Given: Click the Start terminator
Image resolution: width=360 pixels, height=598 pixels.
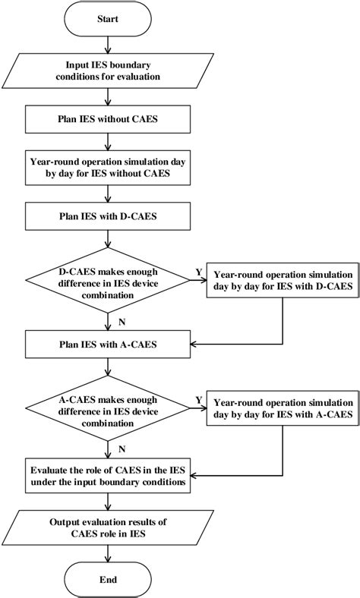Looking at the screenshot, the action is (x=108, y=19).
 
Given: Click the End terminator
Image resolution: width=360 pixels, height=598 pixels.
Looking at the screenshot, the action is (x=108, y=579).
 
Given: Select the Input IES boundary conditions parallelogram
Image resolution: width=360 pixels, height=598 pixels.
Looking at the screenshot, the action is (x=108, y=71).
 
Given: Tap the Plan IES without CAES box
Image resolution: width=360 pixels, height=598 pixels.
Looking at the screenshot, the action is (x=108, y=119).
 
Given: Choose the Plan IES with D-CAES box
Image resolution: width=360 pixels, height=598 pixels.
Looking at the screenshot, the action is (x=108, y=216).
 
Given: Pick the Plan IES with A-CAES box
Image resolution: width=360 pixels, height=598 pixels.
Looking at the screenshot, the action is (x=108, y=345).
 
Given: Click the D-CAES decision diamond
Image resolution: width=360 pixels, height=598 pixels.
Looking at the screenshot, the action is (x=108, y=280).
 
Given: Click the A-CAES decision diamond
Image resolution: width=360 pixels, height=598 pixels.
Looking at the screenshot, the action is (x=108, y=408).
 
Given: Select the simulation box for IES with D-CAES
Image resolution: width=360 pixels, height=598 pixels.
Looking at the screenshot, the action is (x=283, y=280).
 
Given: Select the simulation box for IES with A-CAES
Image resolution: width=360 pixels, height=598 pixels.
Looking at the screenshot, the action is (x=283, y=408).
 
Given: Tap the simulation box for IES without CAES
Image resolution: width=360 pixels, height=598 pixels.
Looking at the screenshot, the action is (x=108, y=168).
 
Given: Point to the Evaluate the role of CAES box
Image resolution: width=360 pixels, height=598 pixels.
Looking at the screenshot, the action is (x=108, y=476).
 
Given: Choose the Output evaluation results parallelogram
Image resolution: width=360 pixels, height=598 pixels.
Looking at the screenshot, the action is (x=108, y=527).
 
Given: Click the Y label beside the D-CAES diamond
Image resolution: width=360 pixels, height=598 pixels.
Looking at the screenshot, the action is (x=198, y=272).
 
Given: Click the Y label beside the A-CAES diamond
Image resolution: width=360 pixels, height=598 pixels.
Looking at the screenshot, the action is (x=198, y=400).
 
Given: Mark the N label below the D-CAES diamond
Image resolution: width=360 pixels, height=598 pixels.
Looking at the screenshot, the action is (x=122, y=323).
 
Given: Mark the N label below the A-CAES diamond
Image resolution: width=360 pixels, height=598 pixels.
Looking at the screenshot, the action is (x=122, y=449).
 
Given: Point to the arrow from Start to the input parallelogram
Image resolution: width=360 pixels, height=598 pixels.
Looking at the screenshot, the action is (x=108, y=45).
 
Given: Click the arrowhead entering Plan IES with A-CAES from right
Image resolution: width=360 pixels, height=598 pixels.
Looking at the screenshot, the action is (x=194, y=345).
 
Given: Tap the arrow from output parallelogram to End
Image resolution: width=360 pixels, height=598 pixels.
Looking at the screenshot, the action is (x=108, y=553).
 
